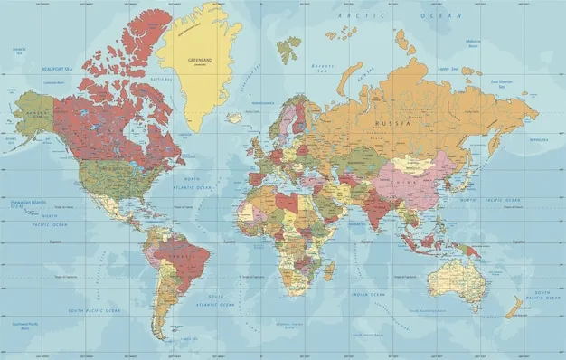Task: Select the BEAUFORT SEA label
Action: [x=56, y=68]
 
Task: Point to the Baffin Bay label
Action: [x=162, y=79]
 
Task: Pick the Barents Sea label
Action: [x=322, y=66]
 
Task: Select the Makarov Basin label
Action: [x=473, y=42]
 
